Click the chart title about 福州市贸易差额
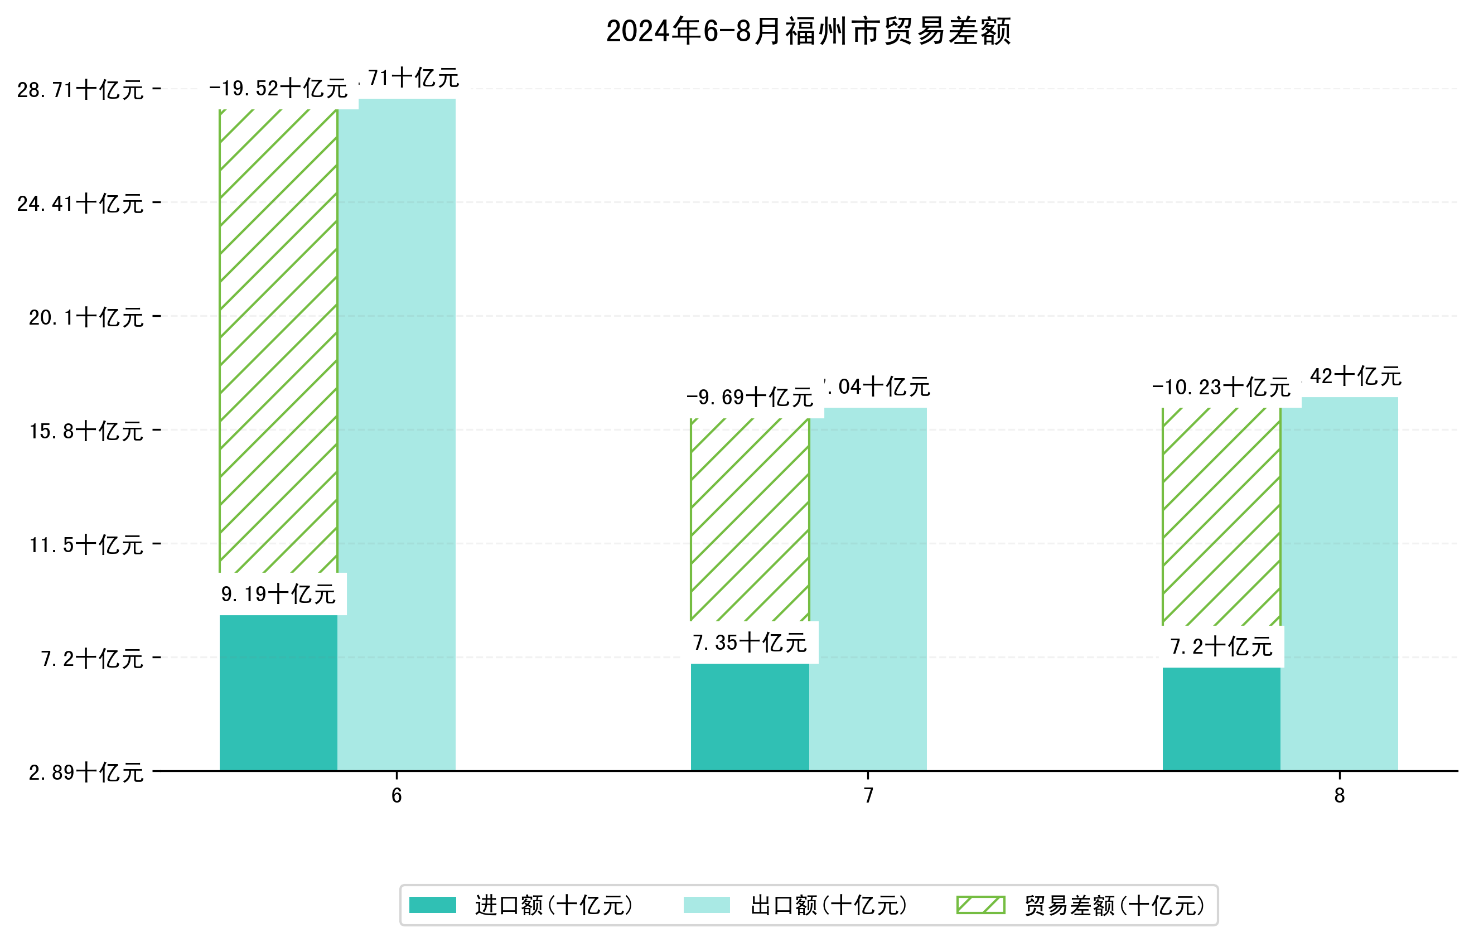[x=808, y=31]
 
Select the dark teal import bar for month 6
[x=278, y=692]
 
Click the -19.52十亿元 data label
[x=278, y=89]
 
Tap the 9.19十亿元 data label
[x=278, y=595]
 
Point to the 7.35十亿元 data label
[x=750, y=643]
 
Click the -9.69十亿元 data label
[x=750, y=398]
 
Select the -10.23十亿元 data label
[x=1221, y=388]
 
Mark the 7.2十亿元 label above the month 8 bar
[x=1221, y=647]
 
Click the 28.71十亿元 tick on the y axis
[x=80, y=90]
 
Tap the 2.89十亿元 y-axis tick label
[x=86, y=772]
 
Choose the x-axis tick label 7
[x=868, y=796]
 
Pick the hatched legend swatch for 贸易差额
[x=980, y=905]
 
